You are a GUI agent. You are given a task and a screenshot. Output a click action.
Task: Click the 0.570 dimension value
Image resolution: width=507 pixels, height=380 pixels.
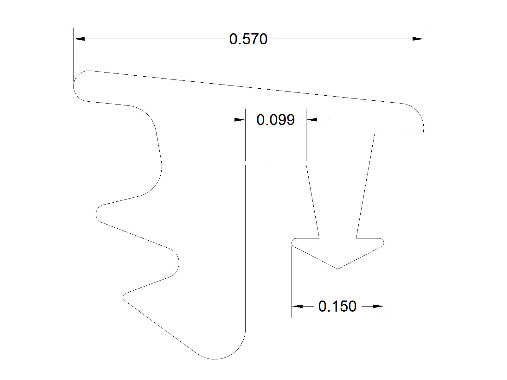248,39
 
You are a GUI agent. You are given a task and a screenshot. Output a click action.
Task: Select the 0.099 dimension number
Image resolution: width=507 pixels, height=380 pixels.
275,120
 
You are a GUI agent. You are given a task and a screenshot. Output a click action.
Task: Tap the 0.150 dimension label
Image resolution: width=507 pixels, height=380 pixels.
337,307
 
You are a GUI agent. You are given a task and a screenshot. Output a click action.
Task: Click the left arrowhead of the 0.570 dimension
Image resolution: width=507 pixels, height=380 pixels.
79,39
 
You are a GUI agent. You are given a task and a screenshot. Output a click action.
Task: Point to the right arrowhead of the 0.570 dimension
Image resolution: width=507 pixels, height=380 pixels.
418,39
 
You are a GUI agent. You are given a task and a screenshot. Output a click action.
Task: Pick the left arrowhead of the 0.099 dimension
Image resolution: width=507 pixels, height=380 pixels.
240,120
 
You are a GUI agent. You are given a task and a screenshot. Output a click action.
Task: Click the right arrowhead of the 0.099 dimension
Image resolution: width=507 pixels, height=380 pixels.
312,120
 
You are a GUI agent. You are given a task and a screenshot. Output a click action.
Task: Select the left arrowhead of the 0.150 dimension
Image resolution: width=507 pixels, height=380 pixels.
297,306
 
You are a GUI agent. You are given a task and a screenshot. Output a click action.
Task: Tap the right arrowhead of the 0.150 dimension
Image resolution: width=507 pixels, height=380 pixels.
378,306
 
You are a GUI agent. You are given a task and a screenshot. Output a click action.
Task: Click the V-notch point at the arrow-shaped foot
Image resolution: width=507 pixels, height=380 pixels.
337,269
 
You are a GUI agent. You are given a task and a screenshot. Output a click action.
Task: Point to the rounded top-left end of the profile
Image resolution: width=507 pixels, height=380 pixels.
74,86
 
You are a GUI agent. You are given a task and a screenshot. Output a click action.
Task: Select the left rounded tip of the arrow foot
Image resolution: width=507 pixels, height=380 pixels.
292,243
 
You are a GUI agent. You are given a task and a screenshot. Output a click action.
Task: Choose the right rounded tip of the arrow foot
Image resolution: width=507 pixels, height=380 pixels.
383,243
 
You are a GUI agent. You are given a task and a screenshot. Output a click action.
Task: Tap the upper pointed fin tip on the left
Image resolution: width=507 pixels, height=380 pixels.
96,214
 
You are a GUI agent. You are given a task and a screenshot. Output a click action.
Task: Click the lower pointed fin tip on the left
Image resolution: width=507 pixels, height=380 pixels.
123,297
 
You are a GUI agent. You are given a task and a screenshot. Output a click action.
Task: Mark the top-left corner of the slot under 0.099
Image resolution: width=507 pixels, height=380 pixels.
246,165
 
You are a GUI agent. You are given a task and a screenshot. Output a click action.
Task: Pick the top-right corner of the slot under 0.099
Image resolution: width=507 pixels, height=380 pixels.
306,165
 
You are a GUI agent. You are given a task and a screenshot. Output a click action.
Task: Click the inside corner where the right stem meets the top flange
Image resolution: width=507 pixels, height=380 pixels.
375,134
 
